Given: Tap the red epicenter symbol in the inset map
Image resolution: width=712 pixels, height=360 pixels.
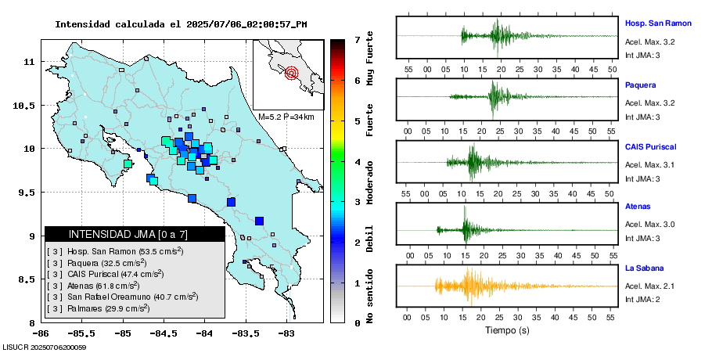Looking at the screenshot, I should click(292, 74).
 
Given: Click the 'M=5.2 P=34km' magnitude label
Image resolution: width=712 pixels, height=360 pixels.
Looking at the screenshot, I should click(286, 117).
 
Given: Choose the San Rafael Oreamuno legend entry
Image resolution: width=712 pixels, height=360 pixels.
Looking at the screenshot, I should click(121, 297).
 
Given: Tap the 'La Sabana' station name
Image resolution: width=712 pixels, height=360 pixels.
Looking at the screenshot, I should click(644, 268).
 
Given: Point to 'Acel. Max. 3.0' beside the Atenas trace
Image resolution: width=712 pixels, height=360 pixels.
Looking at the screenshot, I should click(649, 225).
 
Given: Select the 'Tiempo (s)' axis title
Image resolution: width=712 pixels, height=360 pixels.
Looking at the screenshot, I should click(507, 331).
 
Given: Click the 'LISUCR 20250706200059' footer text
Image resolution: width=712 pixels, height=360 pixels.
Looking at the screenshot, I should click(45, 347).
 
